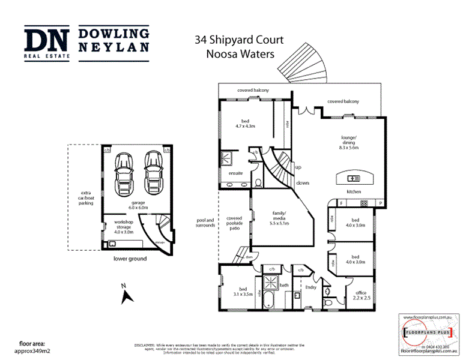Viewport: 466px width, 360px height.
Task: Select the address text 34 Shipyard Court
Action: (x=239, y=41)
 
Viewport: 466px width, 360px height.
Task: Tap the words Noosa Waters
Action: (x=239, y=53)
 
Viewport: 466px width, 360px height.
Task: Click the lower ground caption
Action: (x=130, y=259)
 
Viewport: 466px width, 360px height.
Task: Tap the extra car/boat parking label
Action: (x=82, y=198)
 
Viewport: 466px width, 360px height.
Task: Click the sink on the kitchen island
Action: (x=354, y=178)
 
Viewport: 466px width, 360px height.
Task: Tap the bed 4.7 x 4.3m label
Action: (x=244, y=123)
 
